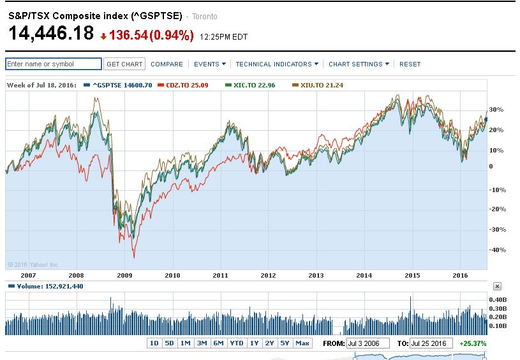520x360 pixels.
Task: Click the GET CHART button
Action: pos(124,64)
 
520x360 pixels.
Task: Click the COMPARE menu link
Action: pos(167,64)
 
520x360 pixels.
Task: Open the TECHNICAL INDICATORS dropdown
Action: pos(276,64)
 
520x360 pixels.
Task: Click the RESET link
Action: pos(410,64)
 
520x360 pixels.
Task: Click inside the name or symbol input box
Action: pos(53,64)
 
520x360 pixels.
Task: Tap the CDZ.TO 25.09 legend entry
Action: pos(187,85)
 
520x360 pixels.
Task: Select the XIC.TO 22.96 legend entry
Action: pos(250,85)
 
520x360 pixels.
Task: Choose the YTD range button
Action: pos(236,343)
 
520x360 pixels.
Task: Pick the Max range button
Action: pos(302,343)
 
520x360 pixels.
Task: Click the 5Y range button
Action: pos(285,343)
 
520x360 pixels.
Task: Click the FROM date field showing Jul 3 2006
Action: pos(368,343)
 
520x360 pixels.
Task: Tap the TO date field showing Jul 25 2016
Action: pos(431,343)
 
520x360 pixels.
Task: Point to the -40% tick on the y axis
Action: pos(496,250)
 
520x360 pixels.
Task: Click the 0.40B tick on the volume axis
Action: pos(497,299)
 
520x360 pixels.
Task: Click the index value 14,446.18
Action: pos(51,33)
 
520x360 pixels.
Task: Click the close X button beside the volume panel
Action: pos(497,287)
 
